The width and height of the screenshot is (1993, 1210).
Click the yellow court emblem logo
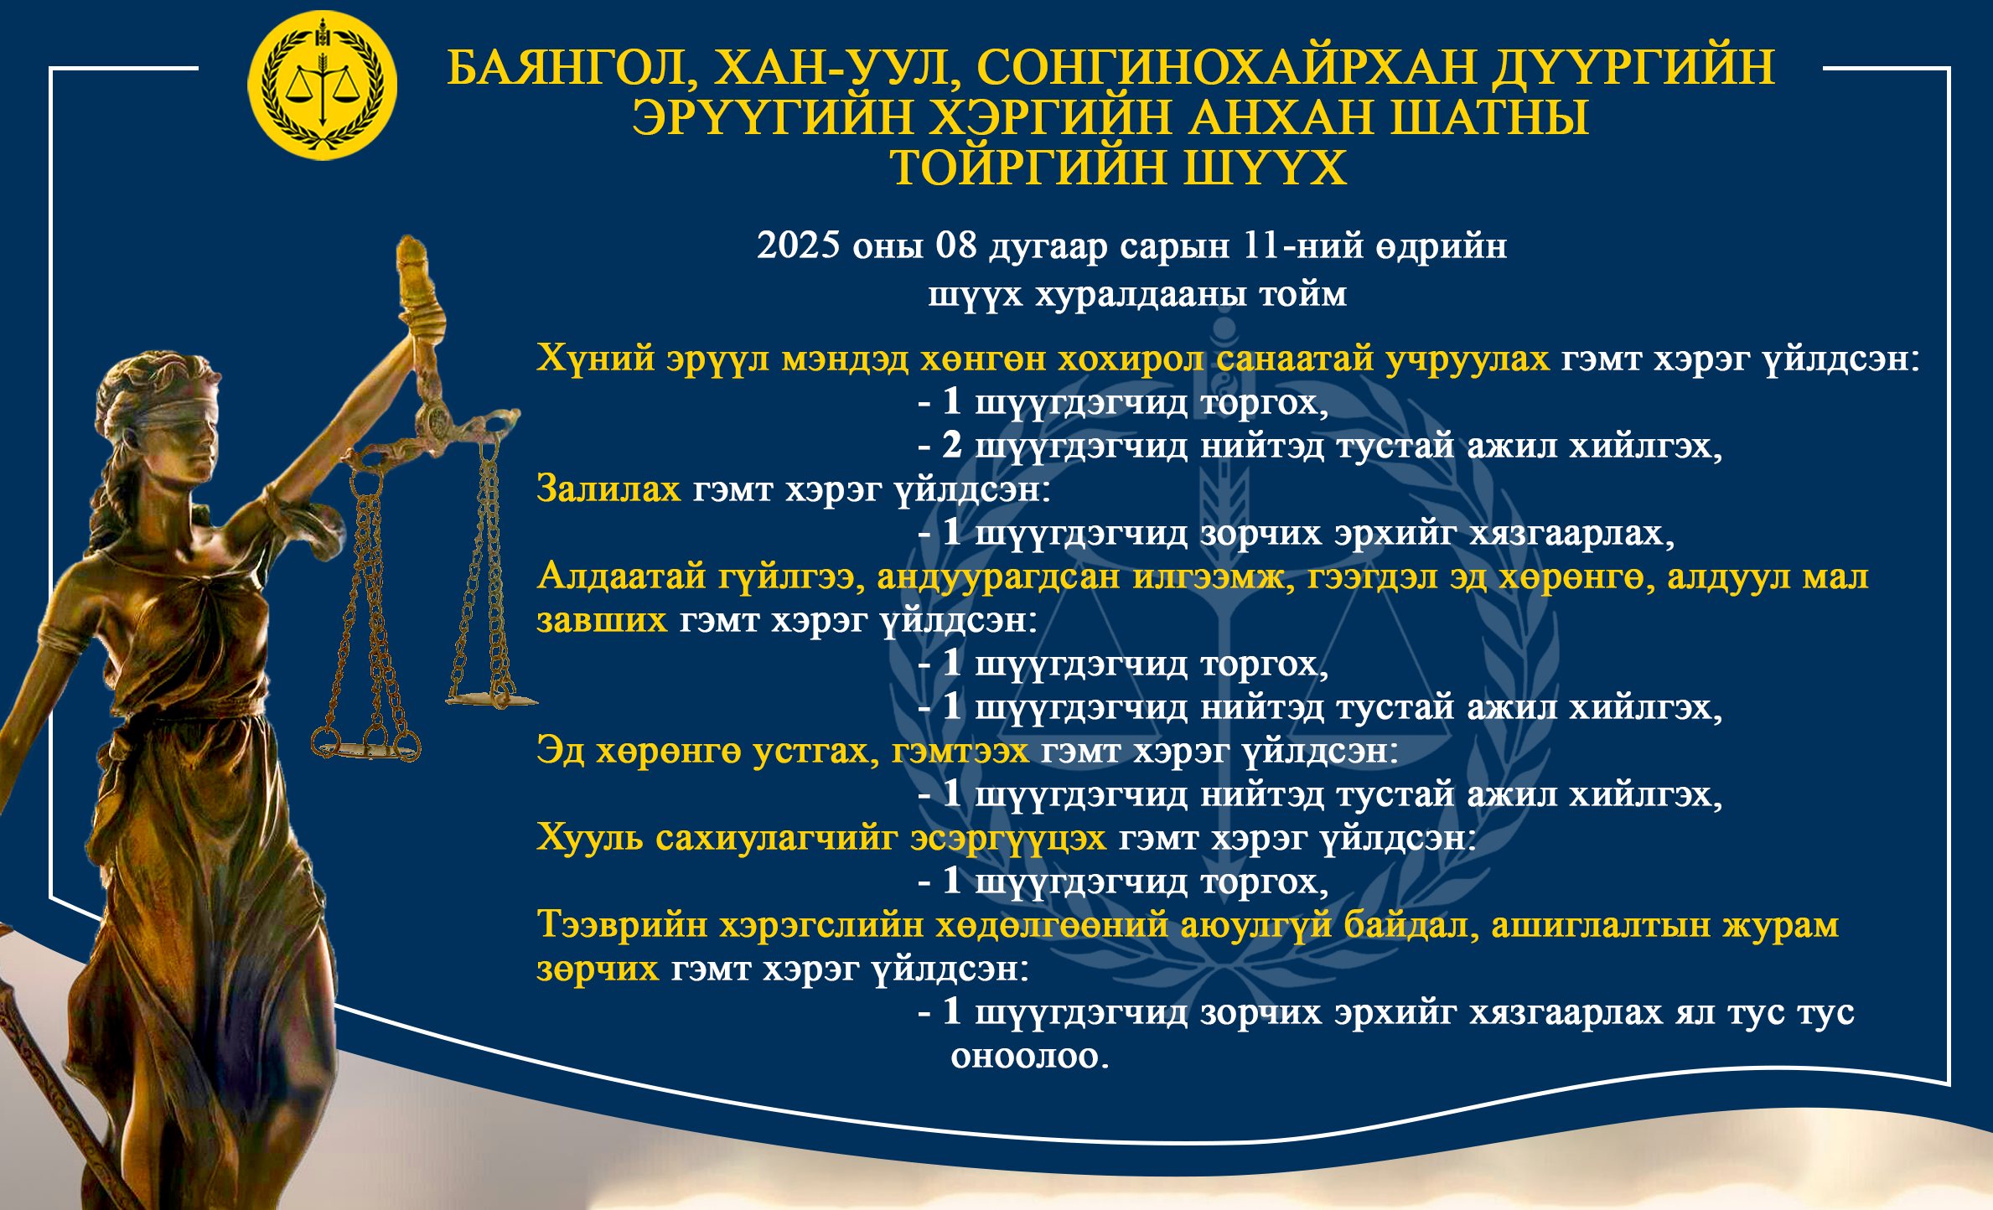[x=322, y=85]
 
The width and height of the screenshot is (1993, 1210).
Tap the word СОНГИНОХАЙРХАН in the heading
[x=1226, y=67]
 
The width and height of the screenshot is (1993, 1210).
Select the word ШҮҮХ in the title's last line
[x=1265, y=168]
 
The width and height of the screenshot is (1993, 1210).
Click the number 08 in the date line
[x=956, y=245]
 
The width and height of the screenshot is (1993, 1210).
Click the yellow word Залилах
[x=608, y=489]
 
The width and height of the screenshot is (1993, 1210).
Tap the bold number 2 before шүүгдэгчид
[x=951, y=445]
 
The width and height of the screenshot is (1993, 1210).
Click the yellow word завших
[x=602, y=620]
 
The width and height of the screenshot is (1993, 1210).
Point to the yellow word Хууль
[x=590, y=837]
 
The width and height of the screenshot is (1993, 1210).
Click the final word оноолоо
[x=1029, y=1056]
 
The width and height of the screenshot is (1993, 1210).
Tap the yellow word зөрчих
[x=598, y=969]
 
